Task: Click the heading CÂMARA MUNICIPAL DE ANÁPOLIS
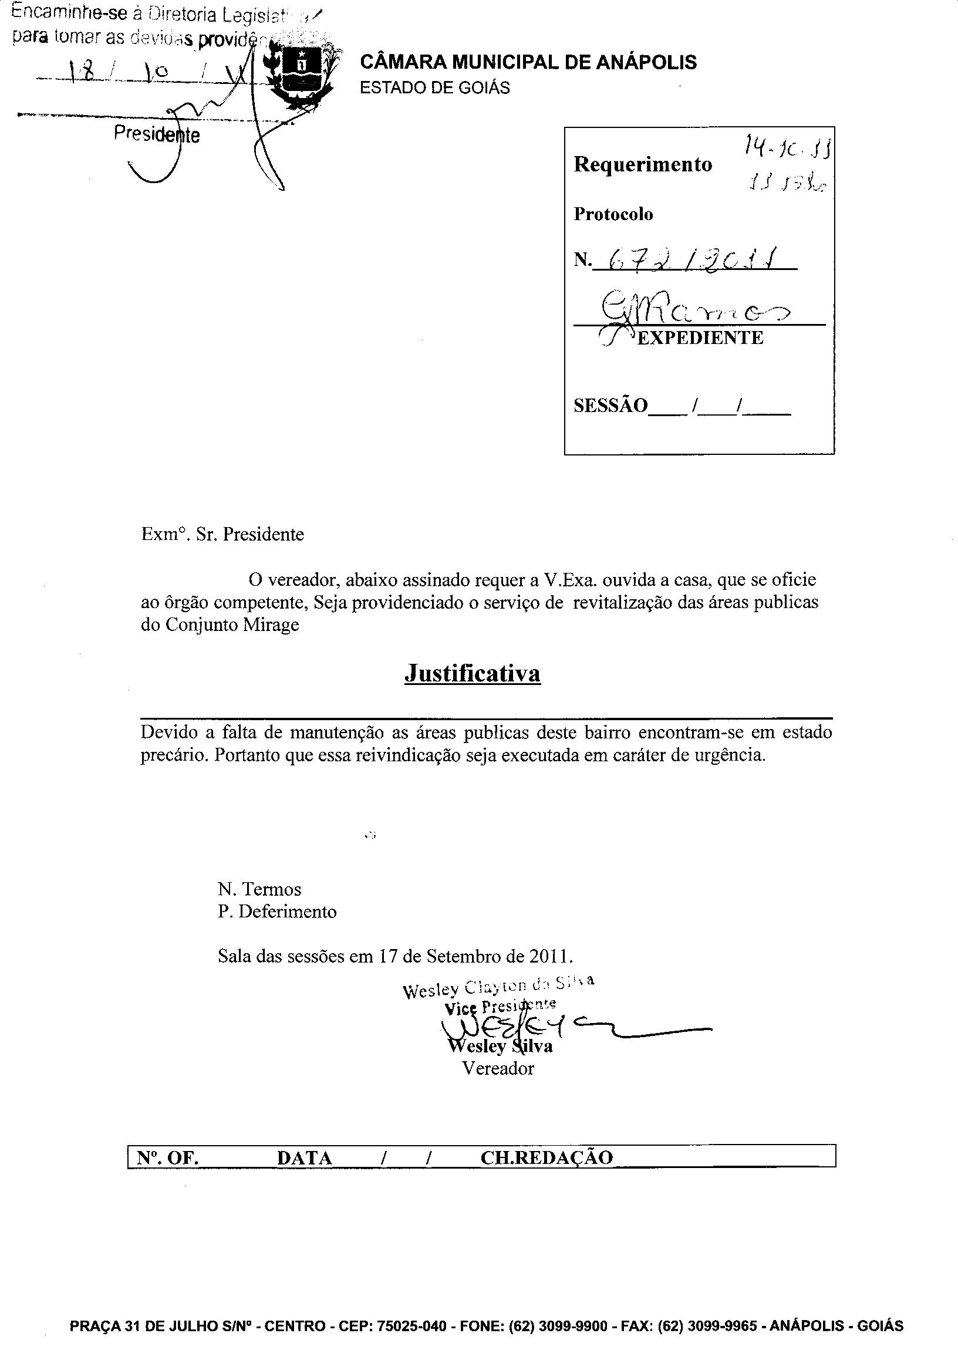(x=528, y=62)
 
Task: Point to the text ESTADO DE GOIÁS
(x=434, y=87)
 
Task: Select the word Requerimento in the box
(x=642, y=164)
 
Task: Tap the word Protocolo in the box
(x=613, y=214)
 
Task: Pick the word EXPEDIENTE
(x=700, y=337)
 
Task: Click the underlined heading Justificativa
(x=472, y=673)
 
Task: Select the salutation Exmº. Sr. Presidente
(x=222, y=534)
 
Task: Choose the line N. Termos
(x=259, y=889)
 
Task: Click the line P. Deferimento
(x=277, y=912)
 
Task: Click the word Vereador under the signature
(x=498, y=1068)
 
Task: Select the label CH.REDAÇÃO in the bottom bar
(x=546, y=1157)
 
